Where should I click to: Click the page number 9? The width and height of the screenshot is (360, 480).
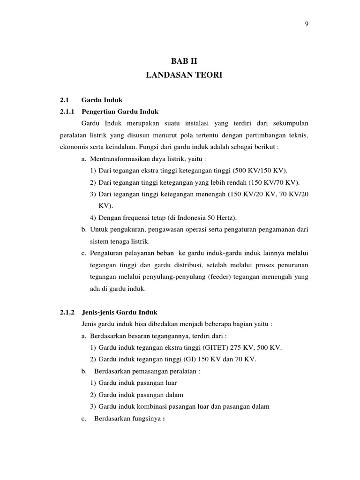pos(307,25)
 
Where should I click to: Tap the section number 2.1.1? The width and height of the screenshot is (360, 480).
pos(68,112)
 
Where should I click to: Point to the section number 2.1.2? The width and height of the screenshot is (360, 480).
pos(68,312)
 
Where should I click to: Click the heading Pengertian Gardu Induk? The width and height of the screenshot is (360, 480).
pos(120,112)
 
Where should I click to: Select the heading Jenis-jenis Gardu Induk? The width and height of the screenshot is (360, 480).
pos(120,312)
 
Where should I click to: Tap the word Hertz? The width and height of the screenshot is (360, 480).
pos(226,217)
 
